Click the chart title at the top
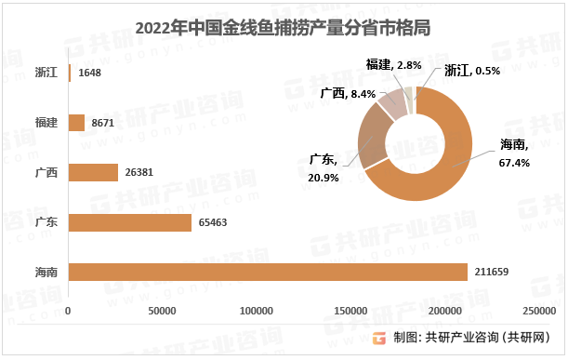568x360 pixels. click(x=284, y=27)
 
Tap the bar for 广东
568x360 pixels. click(x=130, y=222)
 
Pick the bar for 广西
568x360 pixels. click(x=94, y=172)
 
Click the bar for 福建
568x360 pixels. click(x=77, y=122)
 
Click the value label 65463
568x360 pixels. click(x=213, y=222)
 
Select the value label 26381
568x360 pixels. click(x=140, y=172)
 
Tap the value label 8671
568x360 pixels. click(x=104, y=122)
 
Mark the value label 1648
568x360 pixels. click(x=91, y=72)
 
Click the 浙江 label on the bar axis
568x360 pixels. click(x=46, y=72)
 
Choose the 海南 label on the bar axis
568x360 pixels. click(x=46, y=273)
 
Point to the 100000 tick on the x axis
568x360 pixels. click(x=256, y=310)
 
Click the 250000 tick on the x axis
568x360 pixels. click(x=539, y=310)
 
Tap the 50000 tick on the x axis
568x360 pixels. click(x=164, y=310)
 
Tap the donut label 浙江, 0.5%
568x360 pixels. click(x=472, y=70)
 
